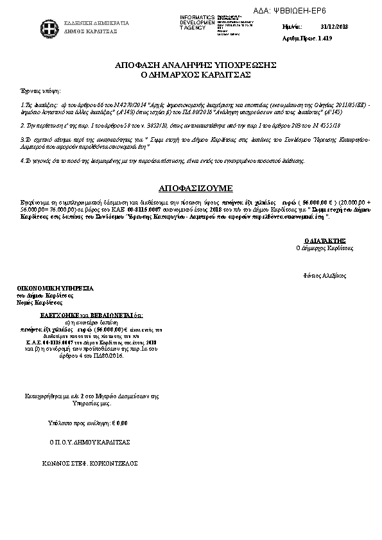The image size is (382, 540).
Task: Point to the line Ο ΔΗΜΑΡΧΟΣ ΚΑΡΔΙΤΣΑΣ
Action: pos(195,74)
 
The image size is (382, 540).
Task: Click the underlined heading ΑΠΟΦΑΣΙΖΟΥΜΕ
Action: pos(195,188)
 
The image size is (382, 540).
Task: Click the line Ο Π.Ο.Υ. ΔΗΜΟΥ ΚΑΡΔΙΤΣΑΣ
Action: pos(89,443)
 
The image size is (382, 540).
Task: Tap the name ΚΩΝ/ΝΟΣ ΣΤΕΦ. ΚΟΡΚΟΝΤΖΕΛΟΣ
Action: pos(90,462)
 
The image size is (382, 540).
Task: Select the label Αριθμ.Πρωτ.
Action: pos(295,38)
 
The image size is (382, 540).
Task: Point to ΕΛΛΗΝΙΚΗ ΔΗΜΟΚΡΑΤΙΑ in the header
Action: pos(96,23)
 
